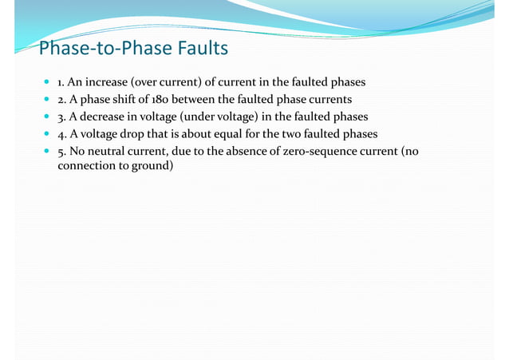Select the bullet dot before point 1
(x=48, y=82)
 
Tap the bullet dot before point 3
(x=48, y=116)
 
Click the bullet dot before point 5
(x=48, y=149)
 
